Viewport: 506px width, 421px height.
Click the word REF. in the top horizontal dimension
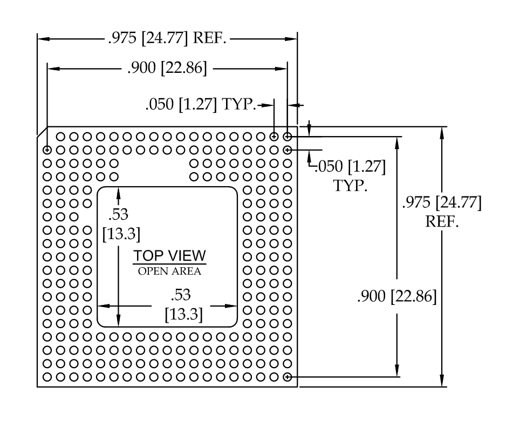tap(209, 38)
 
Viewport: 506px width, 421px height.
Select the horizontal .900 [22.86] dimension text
tap(167, 68)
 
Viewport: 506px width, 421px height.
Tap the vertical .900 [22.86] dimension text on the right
tap(397, 296)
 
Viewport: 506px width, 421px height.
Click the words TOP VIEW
tap(170, 256)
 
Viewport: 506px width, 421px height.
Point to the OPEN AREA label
tap(170, 271)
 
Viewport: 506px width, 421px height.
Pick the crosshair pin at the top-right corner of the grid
tap(287, 137)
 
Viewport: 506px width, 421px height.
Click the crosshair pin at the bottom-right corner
tap(287, 377)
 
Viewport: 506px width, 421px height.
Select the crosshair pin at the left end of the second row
tap(47, 150)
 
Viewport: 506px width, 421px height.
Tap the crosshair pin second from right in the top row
tap(274, 137)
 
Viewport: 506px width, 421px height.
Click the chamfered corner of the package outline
tap(42, 132)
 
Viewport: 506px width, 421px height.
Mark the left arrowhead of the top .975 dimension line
tap(44, 39)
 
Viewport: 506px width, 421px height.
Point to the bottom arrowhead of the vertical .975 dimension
tap(442, 381)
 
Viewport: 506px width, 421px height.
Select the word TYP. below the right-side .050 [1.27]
tap(350, 186)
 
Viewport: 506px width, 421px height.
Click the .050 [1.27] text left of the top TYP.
tap(181, 104)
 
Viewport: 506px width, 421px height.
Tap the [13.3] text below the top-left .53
tap(121, 233)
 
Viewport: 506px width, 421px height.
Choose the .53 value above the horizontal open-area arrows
tap(181, 295)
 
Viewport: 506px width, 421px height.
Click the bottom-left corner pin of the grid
tap(47, 377)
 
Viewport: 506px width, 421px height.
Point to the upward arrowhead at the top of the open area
tap(119, 193)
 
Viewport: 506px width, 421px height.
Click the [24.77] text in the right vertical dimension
tap(459, 202)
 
